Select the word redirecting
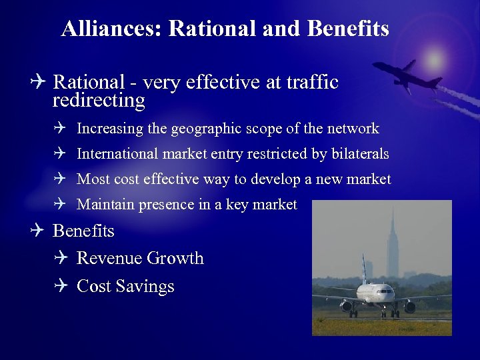(99, 101)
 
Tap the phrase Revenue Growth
(140, 258)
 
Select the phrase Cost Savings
(125, 286)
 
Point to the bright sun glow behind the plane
(435, 60)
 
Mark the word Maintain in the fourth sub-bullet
(105, 205)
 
